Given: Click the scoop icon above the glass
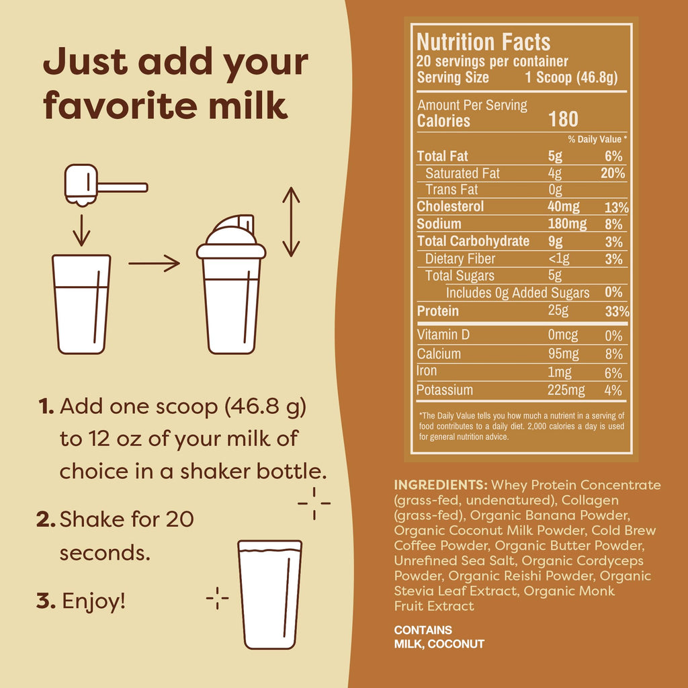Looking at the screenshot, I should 101,185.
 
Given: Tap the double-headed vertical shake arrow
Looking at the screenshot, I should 290,222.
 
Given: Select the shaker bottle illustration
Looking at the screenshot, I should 231,286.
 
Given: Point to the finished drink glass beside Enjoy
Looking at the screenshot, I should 269,595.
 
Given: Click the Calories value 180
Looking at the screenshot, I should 563,120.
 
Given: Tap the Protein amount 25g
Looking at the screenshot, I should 558,311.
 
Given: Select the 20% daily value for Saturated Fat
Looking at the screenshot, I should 612,173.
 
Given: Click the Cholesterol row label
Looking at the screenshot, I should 450,207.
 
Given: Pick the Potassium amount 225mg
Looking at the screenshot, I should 566,390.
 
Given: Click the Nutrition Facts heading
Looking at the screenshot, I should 483,42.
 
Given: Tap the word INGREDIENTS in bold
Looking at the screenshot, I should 441,485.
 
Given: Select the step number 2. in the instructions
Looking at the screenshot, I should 46,519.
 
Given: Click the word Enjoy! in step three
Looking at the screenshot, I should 94,601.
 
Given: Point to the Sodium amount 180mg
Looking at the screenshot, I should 567,224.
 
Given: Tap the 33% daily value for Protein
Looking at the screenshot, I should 617,312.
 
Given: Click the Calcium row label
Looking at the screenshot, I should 439,354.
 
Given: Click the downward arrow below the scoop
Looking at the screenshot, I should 81,230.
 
